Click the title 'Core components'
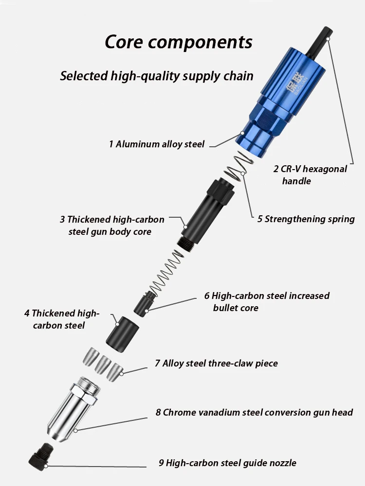[179, 42]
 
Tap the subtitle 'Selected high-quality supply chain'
[157, 76]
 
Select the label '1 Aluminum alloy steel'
[157, 144]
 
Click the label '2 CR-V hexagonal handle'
[310, 175]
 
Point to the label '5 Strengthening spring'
[306, 219]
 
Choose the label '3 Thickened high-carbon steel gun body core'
[112, 226]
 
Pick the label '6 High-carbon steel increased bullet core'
[267, 301]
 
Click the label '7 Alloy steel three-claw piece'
[217, 363]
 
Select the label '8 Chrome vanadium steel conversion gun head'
[254, 412]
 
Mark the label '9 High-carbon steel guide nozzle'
[227, 463]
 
